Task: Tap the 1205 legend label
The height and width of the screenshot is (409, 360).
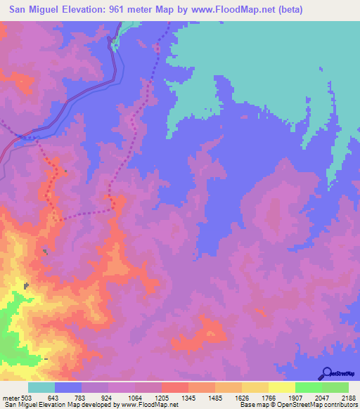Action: [x=162, y=398]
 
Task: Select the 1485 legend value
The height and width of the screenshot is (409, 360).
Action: [x=215, y=398]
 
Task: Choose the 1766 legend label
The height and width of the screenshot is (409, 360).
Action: [x=269, y=398]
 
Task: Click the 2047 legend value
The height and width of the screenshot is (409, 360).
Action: [x=322, y=398]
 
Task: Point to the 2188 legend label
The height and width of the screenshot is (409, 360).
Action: [x=349, y=398]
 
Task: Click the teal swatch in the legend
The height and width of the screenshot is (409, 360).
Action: [x=41, y=387]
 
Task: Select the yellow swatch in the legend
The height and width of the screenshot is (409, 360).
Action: [x=282, y=387]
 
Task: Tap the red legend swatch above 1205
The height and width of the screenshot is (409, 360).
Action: [x=175, y=387]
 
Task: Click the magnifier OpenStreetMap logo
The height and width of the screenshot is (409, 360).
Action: [x=326, y=373]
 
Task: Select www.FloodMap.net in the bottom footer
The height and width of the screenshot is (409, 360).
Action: [x=149, y=405]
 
